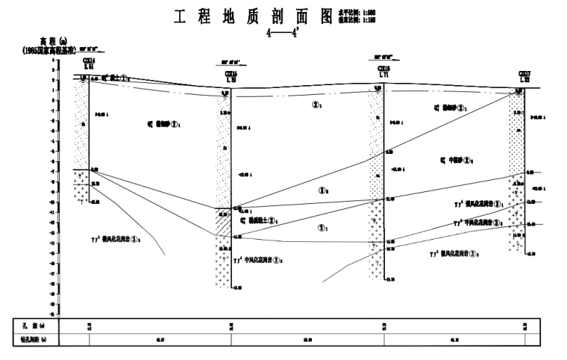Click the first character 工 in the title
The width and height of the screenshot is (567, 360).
click(180, 16)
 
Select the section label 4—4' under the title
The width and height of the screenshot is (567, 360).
click(283, 33)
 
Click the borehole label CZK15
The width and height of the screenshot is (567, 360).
click(231, 73)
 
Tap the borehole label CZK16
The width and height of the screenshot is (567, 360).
click(383, 68)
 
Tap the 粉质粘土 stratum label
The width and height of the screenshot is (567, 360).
click(260, 220)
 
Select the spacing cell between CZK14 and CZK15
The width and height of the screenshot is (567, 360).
click(159, 340)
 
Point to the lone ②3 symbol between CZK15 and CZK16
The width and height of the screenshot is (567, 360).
click(323, 191)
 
